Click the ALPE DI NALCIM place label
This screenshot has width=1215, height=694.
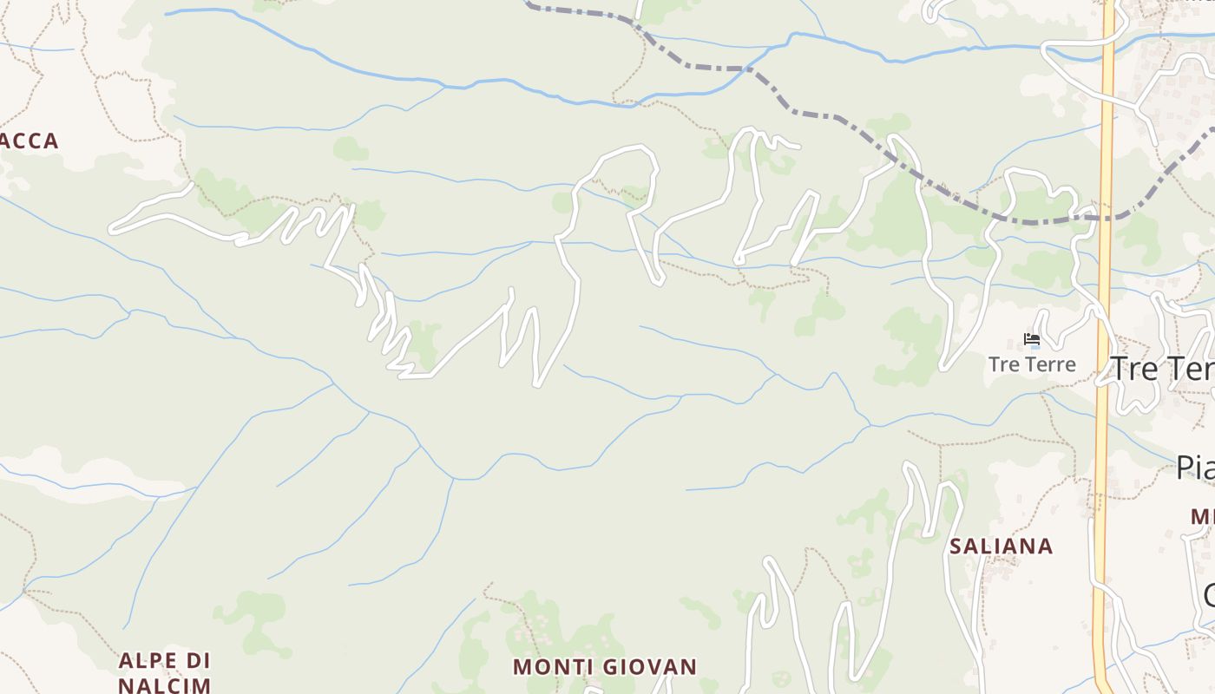[164, 672]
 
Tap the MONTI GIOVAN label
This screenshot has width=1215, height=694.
[604, 667]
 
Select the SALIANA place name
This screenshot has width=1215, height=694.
[1001, 547]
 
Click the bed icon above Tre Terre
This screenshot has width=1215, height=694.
[1032, 339]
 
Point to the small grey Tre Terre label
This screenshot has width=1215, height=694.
[1032, 364]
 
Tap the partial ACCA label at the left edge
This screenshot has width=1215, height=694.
[30, 141]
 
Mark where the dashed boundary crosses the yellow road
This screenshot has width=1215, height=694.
[1106, 218]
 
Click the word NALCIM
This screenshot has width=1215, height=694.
[164, 685]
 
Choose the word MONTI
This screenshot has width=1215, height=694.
[547, 667]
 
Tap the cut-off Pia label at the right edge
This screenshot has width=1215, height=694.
[1195, 468]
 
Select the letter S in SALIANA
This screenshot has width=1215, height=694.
[956, 547]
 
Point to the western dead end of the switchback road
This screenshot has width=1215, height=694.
[113, 229]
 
